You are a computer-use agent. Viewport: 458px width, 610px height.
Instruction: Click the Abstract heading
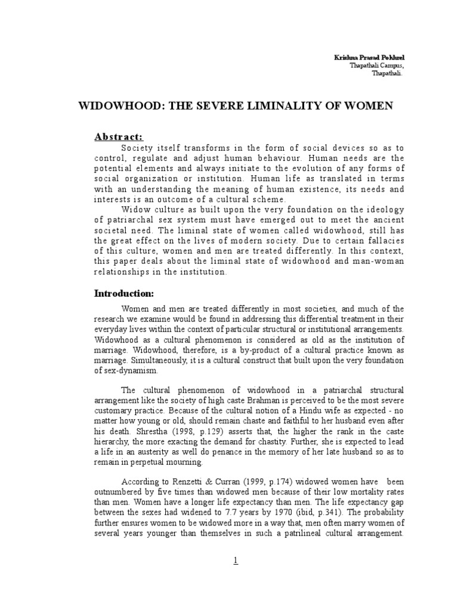pos(119,136)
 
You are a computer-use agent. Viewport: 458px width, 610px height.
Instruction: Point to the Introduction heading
pos(125,294)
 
